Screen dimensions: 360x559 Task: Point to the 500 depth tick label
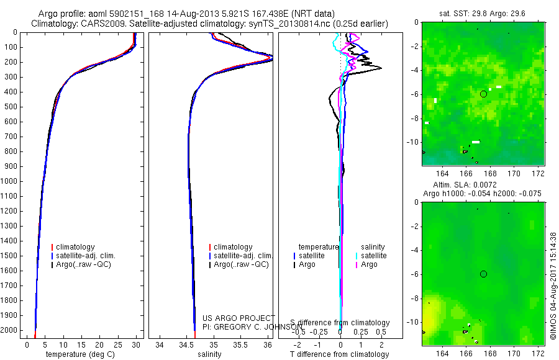point(10,107)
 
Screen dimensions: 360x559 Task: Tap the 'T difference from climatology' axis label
point(339,354)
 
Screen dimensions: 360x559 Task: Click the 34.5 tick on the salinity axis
point(186,344)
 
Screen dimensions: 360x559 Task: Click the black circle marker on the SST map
point(483,94)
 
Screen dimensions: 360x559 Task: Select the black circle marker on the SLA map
point(483,274)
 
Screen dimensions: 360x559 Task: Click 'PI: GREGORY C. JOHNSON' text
point(248,326)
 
